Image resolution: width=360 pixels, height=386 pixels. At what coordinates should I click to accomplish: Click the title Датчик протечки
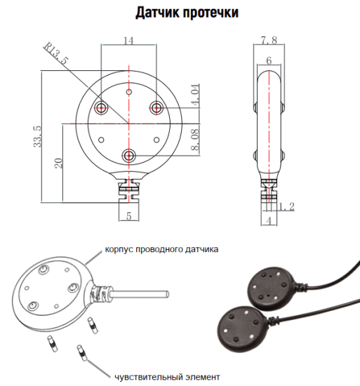coord(180,13)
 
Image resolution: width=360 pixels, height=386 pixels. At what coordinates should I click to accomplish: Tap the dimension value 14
coord(128,41)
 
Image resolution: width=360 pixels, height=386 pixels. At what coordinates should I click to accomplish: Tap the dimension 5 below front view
coord(128,215)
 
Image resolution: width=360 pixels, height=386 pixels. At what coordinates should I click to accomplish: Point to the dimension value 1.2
coord(286,207)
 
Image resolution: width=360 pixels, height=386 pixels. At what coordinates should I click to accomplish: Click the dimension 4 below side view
coord(269,222)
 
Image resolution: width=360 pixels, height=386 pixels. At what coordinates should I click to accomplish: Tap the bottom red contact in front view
coord(128,155)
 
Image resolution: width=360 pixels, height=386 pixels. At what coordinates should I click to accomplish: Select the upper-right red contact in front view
coord(156,107)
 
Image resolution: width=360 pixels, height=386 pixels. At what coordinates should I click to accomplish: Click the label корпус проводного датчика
coord(162,248)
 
